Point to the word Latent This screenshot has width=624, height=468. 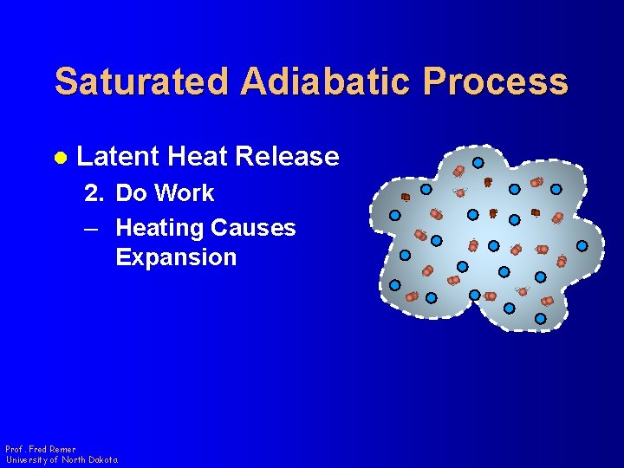click(x=118, y=156)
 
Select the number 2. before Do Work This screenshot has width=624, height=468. click(x=94, y=192)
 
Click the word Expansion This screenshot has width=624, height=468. click(x=176, y=257)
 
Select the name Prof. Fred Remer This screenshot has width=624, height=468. click(x=41, y=449)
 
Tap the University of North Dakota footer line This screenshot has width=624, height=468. click(x=62, y=459)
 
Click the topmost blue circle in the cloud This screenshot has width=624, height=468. click(x=478, y=162)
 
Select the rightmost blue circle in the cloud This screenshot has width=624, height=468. click(x=582, y=245)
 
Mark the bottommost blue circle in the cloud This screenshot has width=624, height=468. click(x=540, y=319)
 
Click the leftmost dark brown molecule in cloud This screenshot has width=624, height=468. click(x=405, y=197)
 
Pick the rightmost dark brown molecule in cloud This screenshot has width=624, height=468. click(x=536, y=212)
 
